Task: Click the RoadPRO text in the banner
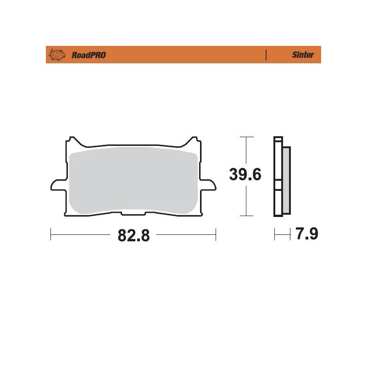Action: [89, 55]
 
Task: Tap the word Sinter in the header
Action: [303, 55]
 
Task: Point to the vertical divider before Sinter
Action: [266, 55]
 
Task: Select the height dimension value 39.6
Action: [245, 175]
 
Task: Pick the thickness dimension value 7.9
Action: [306, 234]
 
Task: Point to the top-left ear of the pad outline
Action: [70, 139]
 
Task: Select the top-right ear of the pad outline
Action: [195, 139]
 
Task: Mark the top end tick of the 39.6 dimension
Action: [247, 137]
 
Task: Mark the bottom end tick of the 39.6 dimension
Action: [247, 215]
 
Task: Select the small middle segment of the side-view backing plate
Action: [278, 186]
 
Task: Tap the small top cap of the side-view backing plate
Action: [278, 139]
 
